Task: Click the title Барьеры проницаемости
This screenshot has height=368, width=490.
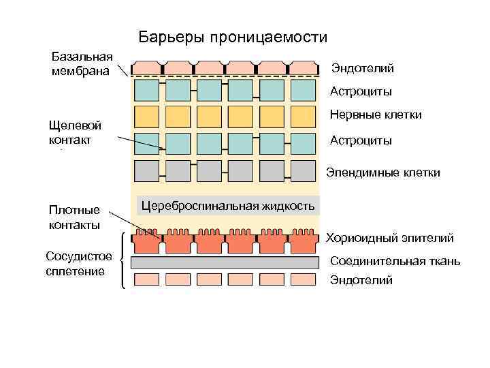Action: (233, 37)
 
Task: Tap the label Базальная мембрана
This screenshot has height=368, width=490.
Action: (80, 63)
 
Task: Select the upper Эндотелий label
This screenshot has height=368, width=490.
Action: (362, 69)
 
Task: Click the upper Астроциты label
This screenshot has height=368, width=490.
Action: (361, 91)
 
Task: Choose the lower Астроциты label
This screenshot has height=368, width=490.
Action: (361, 140)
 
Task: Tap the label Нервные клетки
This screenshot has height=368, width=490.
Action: (376, 115)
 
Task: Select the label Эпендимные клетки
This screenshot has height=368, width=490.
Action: (383, 172)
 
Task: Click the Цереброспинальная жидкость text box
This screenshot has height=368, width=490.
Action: (228, 206)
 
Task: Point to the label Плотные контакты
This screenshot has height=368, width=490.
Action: (75, 217)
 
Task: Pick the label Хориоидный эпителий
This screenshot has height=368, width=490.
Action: (389, 238)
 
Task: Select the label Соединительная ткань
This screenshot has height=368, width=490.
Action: (395, 261)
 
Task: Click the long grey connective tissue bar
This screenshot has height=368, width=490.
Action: (225, 262)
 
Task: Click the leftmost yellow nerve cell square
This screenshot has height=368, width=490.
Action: (146, 117)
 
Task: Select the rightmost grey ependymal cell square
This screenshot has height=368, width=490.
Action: (304, 170)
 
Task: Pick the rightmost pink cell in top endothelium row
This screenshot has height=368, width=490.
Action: (304, 67)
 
